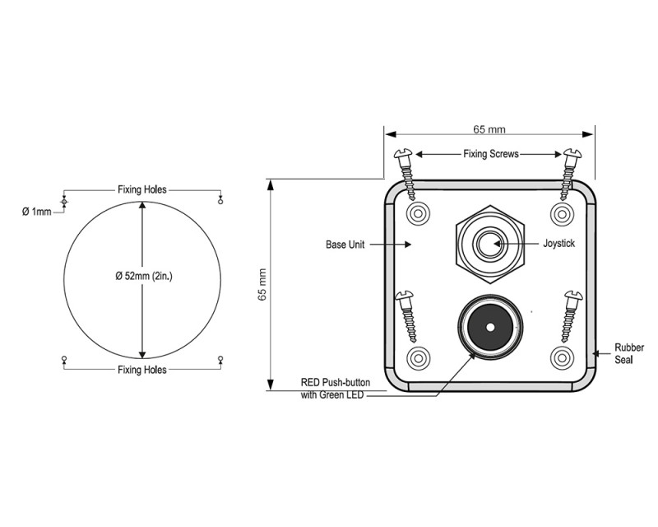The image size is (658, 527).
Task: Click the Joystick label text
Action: pyautogui.click(x=559, y=244)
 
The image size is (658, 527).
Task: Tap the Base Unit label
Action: pyautogui.click(x=345, y=245)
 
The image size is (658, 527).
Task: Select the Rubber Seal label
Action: pyautogui.click(x=629, y=353)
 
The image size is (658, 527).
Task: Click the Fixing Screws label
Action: pyautogui.click(x=491, y=154)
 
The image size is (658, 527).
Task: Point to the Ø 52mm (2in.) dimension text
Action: pyautogui.click(x=144, y=276)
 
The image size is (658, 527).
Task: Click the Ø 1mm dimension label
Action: pyautogui.click(x=36, y=212)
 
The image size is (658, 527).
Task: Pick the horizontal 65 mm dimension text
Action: pyautogui.click(x=489, y=129)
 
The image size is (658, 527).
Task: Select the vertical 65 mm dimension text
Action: pyautogui.click(x=262, y=285)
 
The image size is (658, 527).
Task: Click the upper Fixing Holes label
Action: pyautogui.click(x=141, y=189)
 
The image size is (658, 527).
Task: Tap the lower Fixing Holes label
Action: pyautogui.click(x=141, y=370)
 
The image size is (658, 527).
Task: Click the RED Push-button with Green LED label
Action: pyautogui.click(x=336, y=389)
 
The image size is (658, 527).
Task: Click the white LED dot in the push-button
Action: pyautogui.click(x=490, y=328)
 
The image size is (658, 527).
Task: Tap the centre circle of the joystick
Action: pyautogui.click(x=488, y=244)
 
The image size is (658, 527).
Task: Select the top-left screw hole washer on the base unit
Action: pyautogui.click(x=418, y=213)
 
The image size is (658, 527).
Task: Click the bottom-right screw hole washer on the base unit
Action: pyautogui.click(x=562, y=358)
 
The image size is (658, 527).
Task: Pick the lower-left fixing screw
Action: pyautogui.click(x=405, y=316)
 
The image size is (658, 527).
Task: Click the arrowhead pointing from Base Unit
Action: pyautogui.click(x=407, y=245)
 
